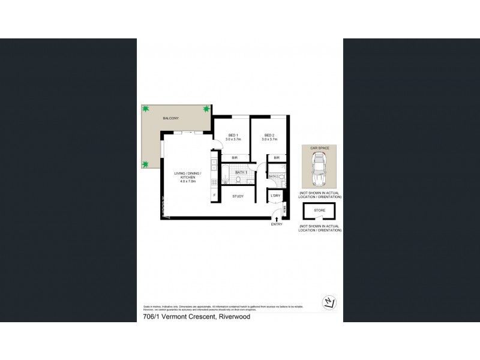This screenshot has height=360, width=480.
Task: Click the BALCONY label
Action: [170, 119]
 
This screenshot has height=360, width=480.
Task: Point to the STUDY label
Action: [237, 195]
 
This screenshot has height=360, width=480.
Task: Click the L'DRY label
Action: [276, 196]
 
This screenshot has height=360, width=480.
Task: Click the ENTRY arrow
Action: [277, 218]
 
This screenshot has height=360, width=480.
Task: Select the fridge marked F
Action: [214, 196]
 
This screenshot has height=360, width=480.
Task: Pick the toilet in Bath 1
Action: [238, 179]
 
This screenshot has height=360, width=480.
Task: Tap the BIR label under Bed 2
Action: [277, 158]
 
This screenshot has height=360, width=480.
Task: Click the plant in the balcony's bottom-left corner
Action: [145, 164]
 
